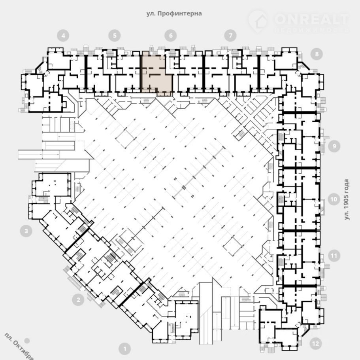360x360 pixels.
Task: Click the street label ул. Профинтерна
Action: click(174, 13)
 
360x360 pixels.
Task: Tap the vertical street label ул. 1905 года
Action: click(347, 199)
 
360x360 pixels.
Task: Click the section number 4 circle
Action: click(63, 36)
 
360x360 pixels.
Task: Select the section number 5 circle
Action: click(114, 36)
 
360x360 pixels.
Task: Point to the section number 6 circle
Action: click(170, 36)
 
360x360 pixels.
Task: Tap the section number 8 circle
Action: click(317, 54)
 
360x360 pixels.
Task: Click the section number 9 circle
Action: click(334, 146)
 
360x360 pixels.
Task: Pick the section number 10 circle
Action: click(334, 199)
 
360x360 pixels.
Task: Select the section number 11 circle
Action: click(334, 256)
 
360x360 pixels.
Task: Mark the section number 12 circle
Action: click(315, 343)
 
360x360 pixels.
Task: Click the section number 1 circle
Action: click(125, 349)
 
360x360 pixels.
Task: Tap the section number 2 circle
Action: click(78, 299)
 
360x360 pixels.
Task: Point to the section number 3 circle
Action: click(26, 231)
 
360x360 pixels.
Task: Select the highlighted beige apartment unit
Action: click(156, 73)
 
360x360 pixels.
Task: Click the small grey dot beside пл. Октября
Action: click(27, 340)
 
